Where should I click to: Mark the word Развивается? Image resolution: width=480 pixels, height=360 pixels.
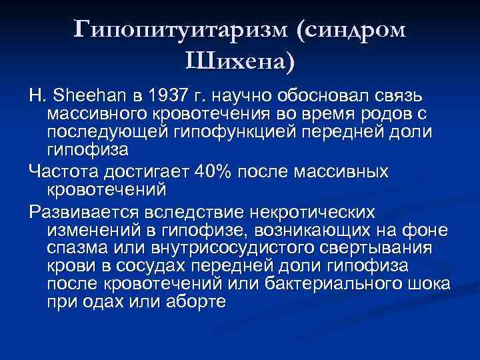point(81,213)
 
